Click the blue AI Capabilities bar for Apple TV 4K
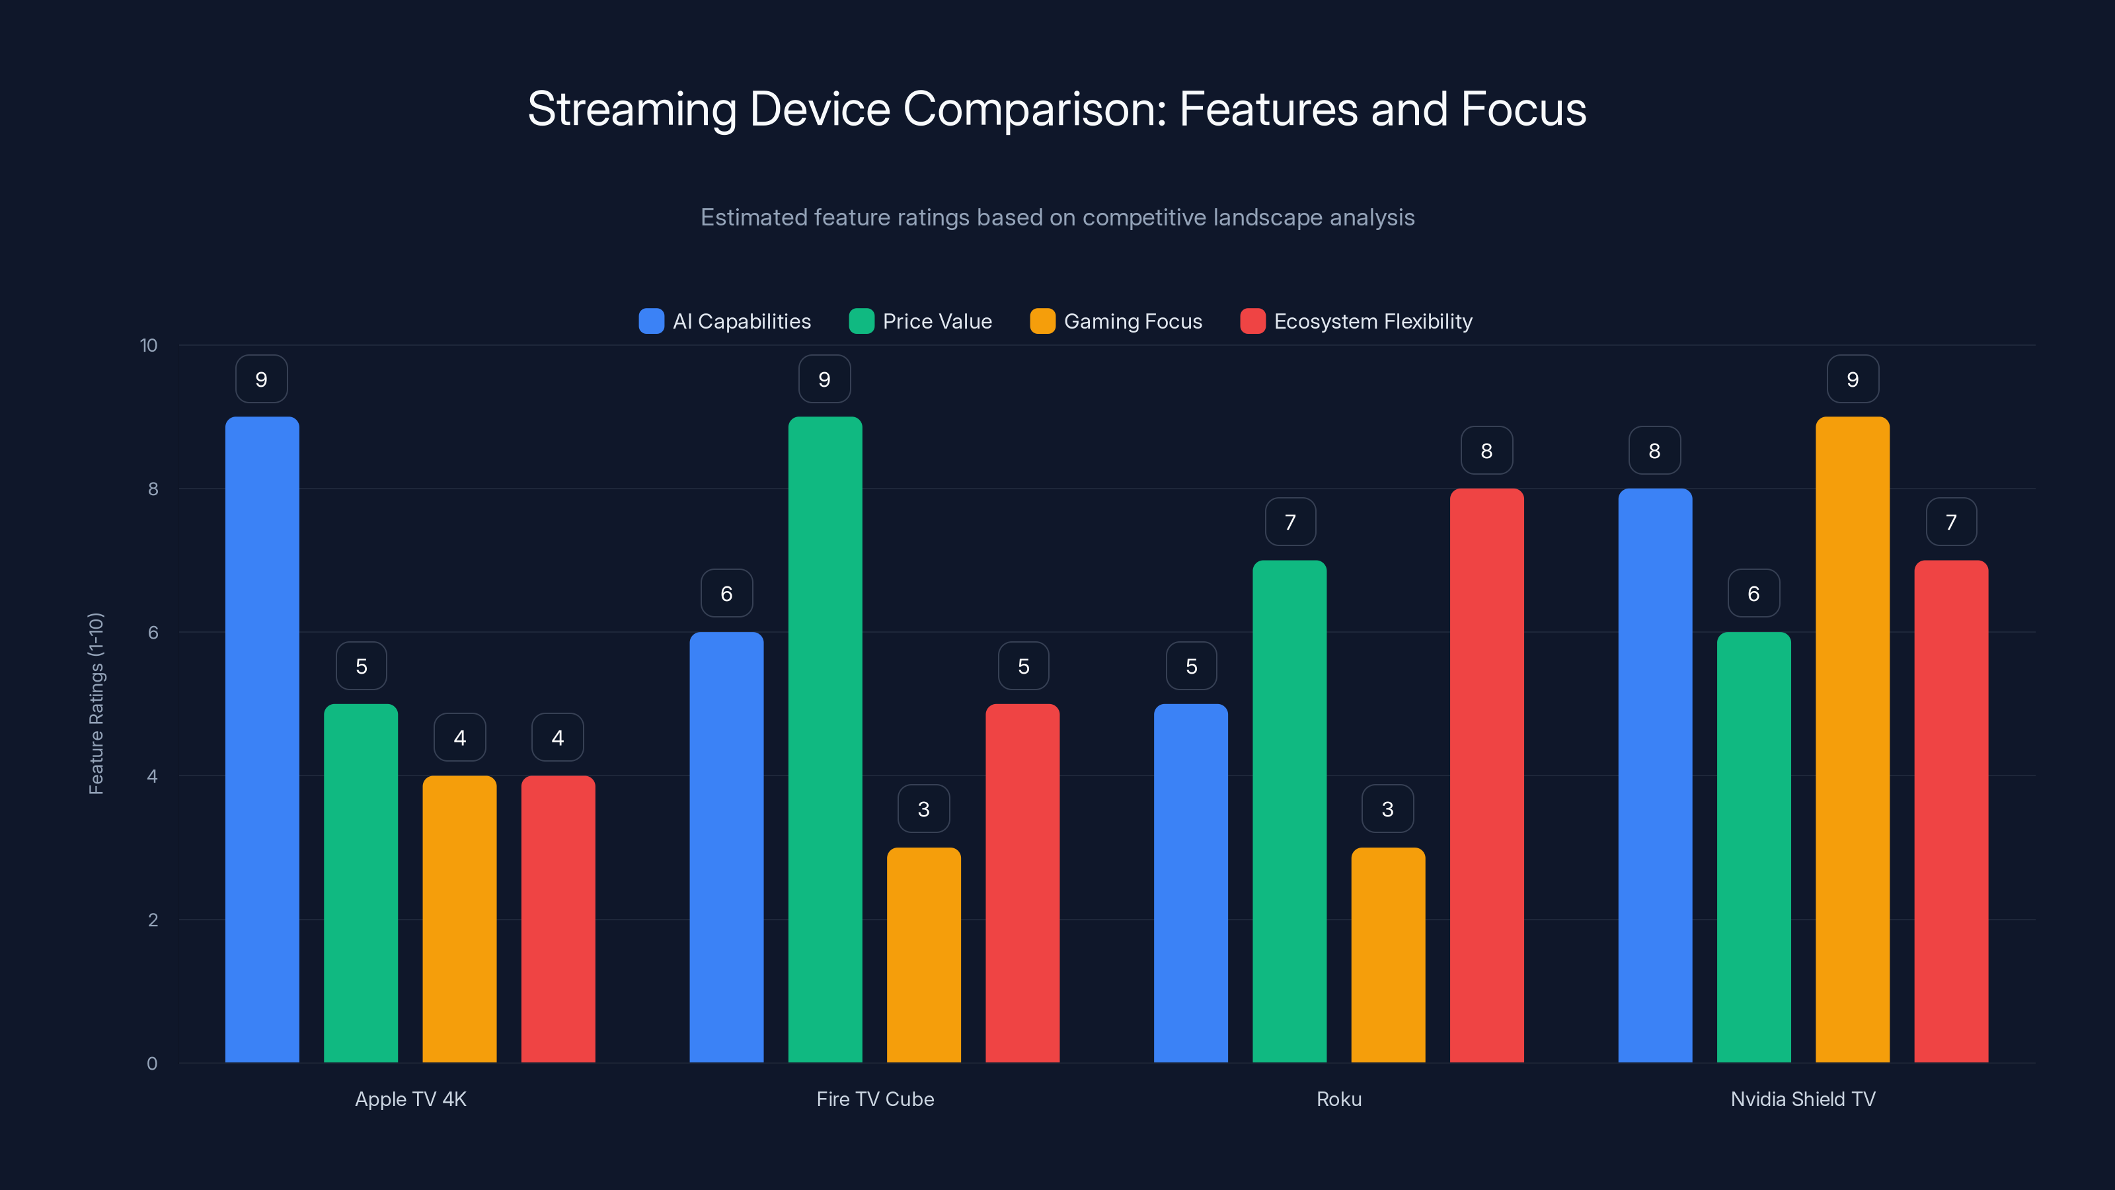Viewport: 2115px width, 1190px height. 262,739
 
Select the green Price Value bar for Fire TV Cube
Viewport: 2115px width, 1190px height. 825,739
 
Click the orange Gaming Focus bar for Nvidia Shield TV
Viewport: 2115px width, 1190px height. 1852,739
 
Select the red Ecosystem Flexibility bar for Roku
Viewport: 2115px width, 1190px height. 1486,775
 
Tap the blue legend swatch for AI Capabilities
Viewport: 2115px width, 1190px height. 651,321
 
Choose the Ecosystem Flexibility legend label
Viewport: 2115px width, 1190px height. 1373,321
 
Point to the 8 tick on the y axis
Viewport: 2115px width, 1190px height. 153,489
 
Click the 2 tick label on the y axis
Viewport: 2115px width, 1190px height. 153,920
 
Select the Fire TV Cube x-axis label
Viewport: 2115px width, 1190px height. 875,1099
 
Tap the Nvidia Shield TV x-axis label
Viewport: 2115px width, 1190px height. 1803,1099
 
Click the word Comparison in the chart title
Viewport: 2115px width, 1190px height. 1034,109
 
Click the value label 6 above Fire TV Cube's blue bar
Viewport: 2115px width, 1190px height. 726,594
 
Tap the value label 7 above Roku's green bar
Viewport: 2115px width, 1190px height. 1290,522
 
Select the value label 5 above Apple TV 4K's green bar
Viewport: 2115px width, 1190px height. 362,666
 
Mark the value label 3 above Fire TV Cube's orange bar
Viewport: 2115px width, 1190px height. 924,809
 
